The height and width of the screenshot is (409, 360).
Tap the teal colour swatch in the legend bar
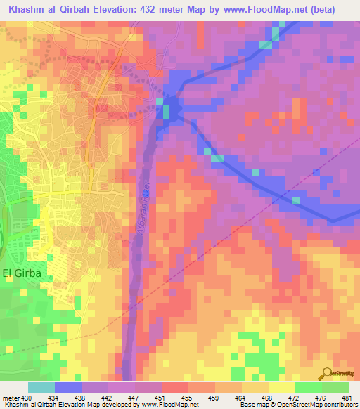[41, 387]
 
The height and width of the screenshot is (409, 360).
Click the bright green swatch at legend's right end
[335, 387]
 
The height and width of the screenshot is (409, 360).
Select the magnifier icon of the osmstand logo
[328, 372]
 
